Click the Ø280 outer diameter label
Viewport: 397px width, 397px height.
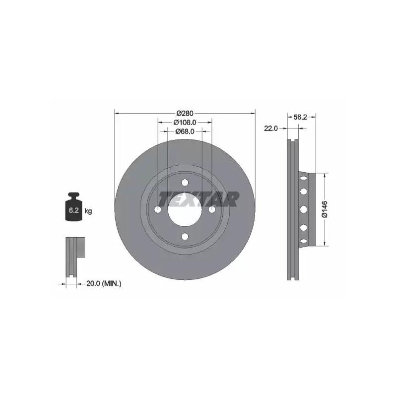(x=185, y=113)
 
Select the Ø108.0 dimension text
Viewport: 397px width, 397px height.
(x=185, y=122)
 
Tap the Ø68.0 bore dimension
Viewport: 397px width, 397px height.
(x=185, y=132)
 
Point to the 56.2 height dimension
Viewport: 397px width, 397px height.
(x=300, y=117)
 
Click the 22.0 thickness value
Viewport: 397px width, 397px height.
(x=270, y=129)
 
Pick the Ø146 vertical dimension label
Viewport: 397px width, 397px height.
(x=325, y=209)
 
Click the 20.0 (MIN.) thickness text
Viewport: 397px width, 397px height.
(x=104, y=283)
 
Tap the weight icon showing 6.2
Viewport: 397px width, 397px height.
(x=74, y=206)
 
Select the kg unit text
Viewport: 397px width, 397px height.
(x=88, y=210)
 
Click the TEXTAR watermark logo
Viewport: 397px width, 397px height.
(x=198, y=199)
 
